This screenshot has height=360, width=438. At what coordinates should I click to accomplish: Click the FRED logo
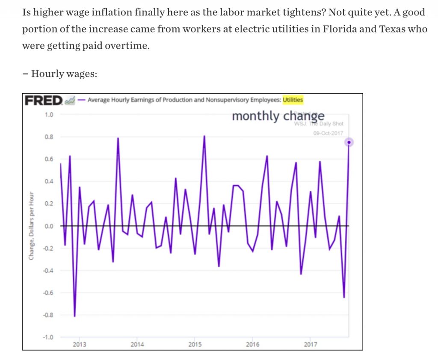[x=44, y=100]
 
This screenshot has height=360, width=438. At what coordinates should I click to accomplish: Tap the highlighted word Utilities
[x=293, y=100]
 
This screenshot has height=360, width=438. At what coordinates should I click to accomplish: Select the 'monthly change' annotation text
[x=278, y=116]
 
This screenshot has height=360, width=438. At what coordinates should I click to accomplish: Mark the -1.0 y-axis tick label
[x=47, y=337]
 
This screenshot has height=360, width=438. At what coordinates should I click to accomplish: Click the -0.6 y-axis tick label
[x=47, y=292]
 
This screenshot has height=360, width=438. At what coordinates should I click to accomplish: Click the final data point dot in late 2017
[x=349, y=142]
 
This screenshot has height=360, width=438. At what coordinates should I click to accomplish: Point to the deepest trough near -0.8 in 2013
[x=75, y=316]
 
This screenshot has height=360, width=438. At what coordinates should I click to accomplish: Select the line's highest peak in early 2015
[x=204, y=136]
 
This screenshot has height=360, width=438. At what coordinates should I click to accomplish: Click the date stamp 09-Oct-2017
[x=328, y=133]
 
